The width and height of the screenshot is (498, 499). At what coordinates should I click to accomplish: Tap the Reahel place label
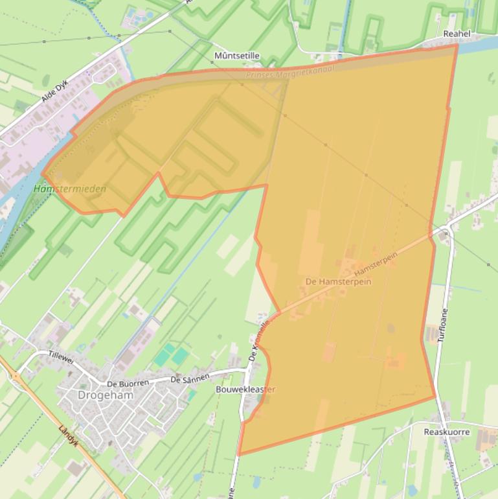click(457, 34)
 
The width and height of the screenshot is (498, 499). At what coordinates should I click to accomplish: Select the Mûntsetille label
click(236, 56)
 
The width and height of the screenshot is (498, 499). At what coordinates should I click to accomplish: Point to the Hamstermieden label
click(70, 189)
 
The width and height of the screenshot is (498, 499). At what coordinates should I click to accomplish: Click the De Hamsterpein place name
click(339, 282)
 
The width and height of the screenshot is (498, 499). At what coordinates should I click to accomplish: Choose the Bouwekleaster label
click(245, 389)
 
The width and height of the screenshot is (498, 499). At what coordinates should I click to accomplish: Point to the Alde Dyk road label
click(54, 91)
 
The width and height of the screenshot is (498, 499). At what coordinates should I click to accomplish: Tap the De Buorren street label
click(128, 384)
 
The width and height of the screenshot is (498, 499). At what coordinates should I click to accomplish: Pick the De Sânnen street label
click(190, 378)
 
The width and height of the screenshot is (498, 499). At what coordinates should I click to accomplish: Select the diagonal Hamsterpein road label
click(376, 262)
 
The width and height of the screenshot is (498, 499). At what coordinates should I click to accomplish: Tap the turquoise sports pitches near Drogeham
click(171, 355)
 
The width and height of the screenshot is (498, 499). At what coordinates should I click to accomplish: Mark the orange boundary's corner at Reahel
click(457, 45)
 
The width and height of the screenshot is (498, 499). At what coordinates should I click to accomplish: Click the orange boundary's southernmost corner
click(240, 454)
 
